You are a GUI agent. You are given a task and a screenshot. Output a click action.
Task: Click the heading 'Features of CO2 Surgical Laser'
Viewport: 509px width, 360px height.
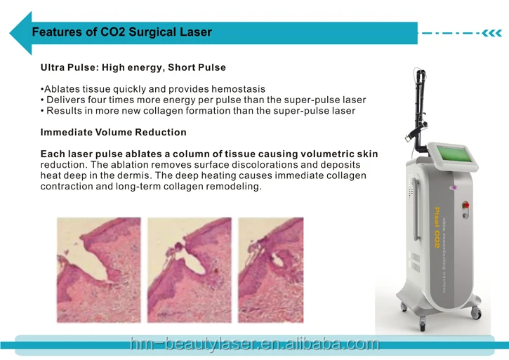[x=121, y=32]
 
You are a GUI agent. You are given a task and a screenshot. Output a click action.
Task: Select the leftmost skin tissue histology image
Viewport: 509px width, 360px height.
[x=98, y=269]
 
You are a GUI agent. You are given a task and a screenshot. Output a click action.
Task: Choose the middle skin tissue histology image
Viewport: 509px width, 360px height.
[x=189, y=269]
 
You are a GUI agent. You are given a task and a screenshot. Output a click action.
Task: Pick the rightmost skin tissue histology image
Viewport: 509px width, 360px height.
[x=271, y=269]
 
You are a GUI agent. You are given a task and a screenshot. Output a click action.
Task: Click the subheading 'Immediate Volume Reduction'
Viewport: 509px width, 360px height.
[x=113, y=132]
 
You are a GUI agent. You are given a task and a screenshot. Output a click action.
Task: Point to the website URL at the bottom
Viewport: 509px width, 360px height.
[x=254, y=344]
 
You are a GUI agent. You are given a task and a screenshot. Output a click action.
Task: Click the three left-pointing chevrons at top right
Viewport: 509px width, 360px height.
[x=491, y=32]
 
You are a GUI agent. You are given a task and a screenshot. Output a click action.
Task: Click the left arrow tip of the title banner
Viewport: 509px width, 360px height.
[x=14, y=32]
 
